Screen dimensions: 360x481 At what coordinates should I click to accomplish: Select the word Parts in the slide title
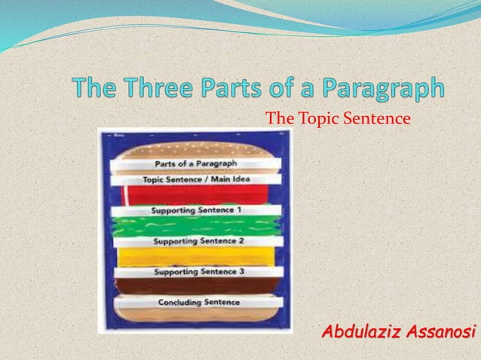(x=253, y=90)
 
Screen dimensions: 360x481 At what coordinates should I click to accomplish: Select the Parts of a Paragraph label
(x=196, y=163)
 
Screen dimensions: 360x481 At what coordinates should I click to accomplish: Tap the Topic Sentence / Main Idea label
(x=196, y=180)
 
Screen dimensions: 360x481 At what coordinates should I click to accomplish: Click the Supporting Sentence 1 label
(x=196, y=210)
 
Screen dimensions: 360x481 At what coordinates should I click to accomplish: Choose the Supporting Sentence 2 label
(x=198, y=242)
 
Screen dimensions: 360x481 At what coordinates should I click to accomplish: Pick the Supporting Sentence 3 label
(x=198, y=271)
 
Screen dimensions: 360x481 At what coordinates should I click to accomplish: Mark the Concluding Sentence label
(x=198, y=302)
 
